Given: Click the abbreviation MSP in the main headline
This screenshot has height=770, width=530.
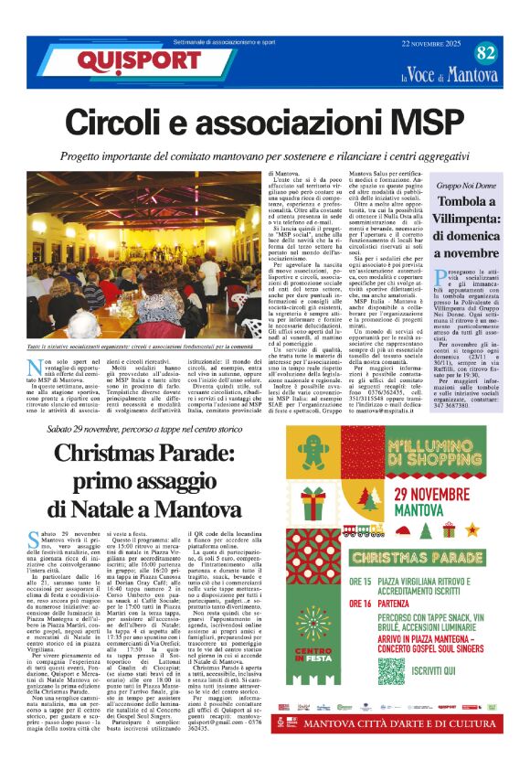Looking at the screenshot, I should point(396,124).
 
